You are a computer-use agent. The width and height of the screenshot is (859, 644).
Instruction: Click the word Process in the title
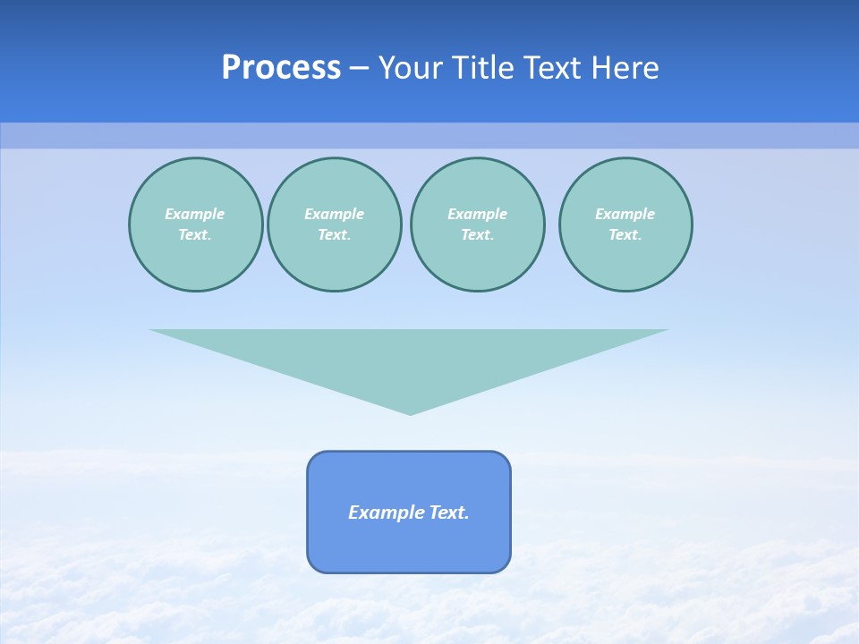coord(281,68)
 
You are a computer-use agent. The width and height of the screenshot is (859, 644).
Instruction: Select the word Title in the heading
coord(487,68)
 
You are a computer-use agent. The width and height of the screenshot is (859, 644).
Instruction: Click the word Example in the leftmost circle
coord(195,214)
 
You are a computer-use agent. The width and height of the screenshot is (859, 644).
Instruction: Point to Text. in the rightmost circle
coord(625,234)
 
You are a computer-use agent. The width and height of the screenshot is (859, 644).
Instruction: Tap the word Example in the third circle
coord(477,214)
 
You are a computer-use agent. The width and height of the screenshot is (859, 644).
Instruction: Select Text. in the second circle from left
coord(334,234)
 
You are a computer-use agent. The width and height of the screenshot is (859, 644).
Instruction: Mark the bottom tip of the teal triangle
coord(410,412)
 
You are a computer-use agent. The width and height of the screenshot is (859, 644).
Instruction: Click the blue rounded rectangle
coord(409,546)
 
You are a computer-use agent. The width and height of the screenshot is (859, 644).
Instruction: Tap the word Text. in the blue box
coord(449,513)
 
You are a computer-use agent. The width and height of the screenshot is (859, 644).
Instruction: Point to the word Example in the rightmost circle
coord(625,214)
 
